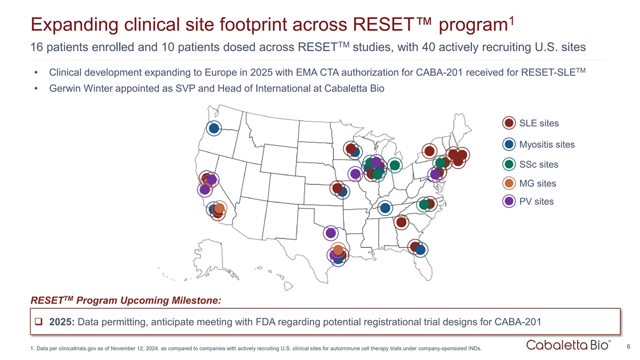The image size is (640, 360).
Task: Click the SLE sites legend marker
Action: click(509, 123)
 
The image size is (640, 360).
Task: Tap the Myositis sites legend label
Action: click(547, 145)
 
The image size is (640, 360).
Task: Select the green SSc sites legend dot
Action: click(509, 164)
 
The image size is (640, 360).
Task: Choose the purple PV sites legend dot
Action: click(509, 202)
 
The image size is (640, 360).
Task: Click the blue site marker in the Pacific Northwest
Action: click(214, 128)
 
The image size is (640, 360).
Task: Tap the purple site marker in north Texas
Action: click(331, 233)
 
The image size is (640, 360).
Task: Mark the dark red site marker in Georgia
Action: click(402, 221)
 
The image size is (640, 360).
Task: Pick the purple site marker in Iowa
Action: click(355, 173)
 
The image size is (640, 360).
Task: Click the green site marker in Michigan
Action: click(395, 165)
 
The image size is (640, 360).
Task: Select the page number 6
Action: click(629, 347)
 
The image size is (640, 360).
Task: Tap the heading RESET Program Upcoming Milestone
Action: click(126, 300)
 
